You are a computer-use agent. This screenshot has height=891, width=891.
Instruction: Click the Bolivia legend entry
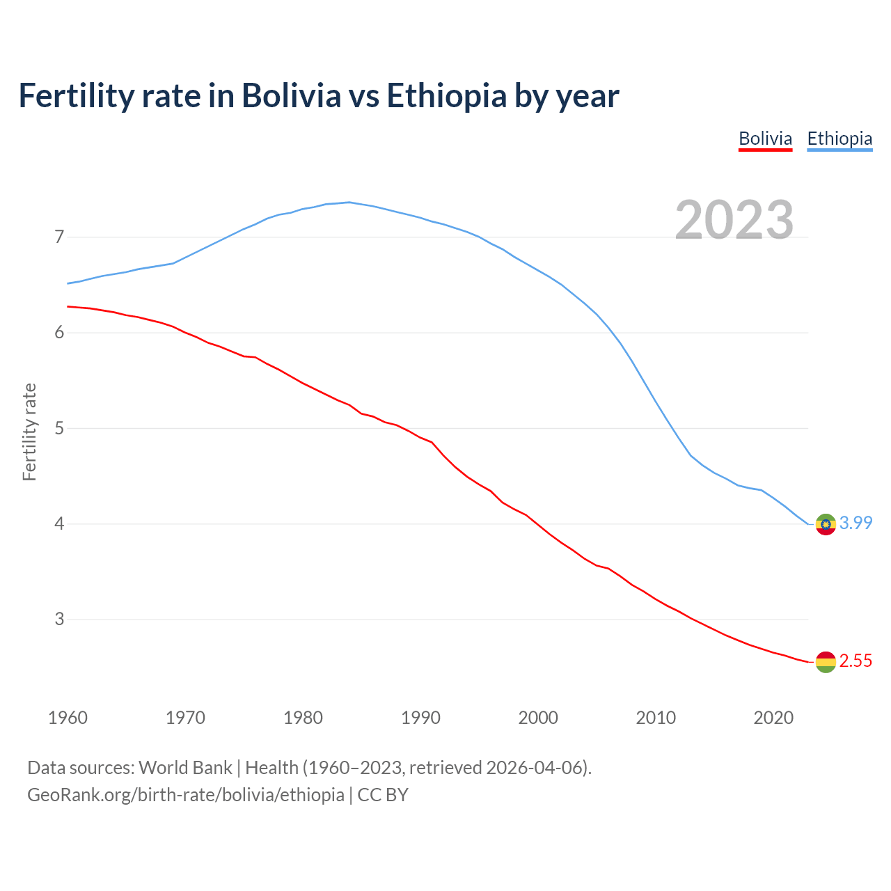tap(765, 139)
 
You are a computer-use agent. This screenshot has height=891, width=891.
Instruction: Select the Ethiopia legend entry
tap(839, 139)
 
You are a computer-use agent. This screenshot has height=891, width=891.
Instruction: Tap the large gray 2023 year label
tap(734, 220)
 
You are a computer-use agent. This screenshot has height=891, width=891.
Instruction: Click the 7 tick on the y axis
tap(59, 237)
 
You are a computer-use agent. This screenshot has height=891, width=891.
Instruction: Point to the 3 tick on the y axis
tap(59, 619)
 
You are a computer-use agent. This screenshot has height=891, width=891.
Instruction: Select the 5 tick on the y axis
tap(59, 428)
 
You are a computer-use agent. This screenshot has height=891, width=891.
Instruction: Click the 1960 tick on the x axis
tap(68, 718)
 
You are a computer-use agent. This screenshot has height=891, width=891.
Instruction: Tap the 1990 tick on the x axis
tap(420, 718)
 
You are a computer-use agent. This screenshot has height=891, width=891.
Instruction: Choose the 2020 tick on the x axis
tap(773, 718)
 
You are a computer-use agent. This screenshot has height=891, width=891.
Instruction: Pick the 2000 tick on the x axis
tap(538, 718)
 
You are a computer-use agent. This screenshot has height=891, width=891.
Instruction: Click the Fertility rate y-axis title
tap(29, 432)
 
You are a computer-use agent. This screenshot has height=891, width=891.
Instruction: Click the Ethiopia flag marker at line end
tap(826, 524)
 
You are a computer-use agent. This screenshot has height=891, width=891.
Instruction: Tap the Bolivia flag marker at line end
tap(826, 662)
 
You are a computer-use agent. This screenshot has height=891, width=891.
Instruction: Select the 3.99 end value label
tap(855, 523)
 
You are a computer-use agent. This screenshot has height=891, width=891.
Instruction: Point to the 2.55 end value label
tap(855, 661)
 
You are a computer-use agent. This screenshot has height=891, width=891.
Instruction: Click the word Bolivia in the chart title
tap(291, 95)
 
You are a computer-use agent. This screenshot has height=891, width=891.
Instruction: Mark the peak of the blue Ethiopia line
tap(349, 203)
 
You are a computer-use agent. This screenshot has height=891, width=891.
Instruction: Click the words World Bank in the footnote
tap(185, 768)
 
